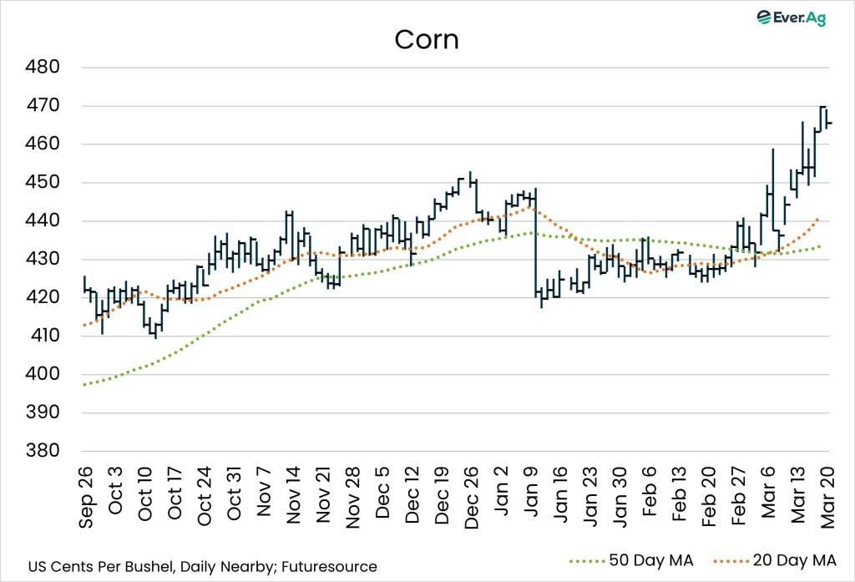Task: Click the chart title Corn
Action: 426,39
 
